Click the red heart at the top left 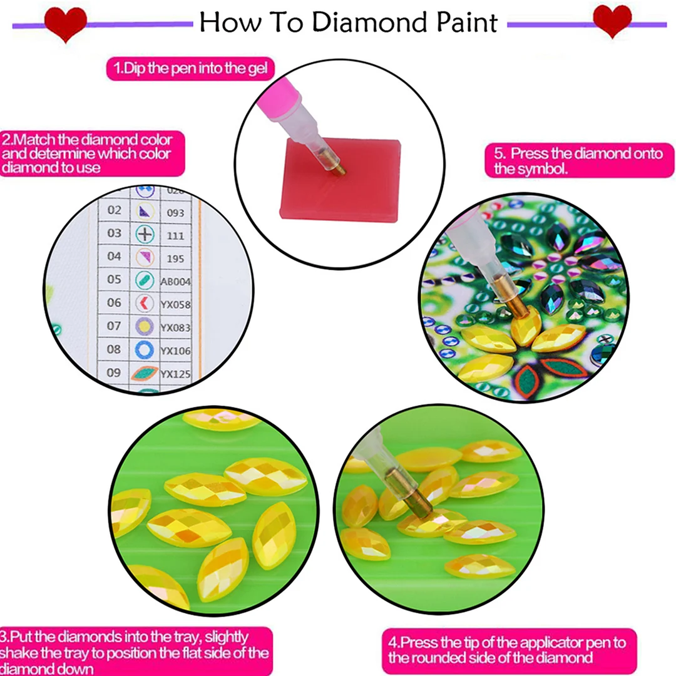65,23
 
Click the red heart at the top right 612,21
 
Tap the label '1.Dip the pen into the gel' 190,68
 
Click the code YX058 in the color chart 176,304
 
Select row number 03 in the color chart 114,233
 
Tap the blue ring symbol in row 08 145,349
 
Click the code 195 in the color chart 175,257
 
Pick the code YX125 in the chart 176,374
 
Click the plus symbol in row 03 145,234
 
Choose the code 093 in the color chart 175,213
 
